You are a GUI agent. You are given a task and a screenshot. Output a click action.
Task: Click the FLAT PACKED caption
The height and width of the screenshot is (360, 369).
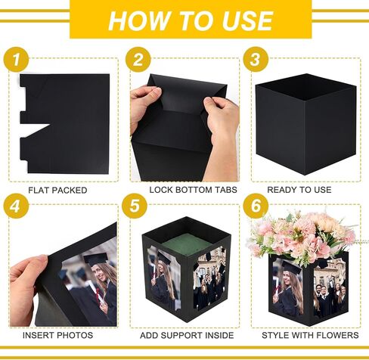click(57, 190)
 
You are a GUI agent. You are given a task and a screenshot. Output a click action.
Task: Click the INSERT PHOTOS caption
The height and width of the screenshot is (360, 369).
click(58, 334)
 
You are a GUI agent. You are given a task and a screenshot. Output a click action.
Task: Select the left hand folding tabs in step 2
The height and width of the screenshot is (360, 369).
click(147, 106)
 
